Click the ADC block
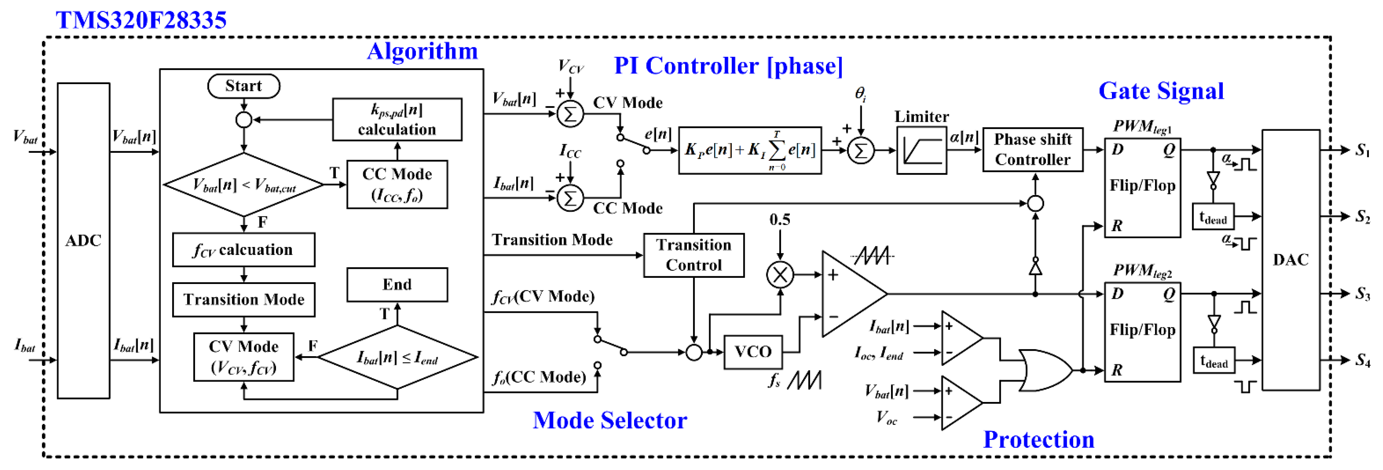pos(83,240)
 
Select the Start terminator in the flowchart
pos(244,86)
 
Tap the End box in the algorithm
pos(397,285)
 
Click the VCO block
pos(753,352)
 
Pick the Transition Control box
pos(694,255)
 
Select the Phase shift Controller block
pos(1033,150)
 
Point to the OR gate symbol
pos(1044,370)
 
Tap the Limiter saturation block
pos(921,151)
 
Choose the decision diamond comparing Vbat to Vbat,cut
pos(244,185)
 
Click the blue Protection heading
pos(1038,439)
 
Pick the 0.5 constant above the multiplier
pos(780,220)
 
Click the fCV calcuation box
pos(244,250)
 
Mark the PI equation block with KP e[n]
pos(750,151)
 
